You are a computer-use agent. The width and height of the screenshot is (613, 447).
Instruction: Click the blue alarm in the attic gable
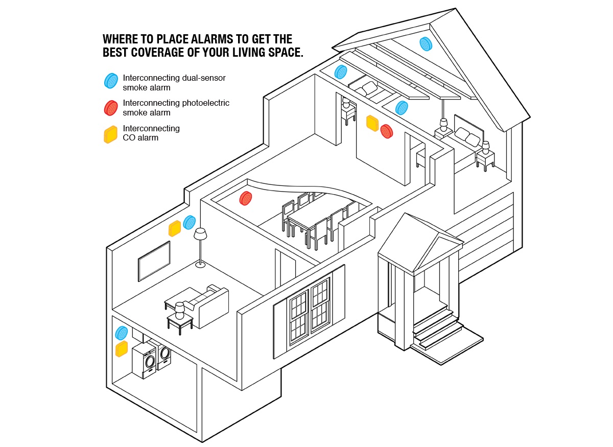click(426, 44)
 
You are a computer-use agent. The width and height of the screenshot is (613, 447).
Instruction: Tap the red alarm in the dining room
click(246, 198)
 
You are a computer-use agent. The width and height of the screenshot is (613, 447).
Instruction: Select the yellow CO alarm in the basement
click(121, 349)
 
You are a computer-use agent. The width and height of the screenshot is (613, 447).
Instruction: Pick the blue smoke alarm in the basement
click(121, 333)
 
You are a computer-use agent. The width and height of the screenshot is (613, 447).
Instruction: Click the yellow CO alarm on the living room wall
click(174, 228)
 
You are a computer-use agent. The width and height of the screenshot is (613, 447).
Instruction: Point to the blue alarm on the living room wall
click(189, 222)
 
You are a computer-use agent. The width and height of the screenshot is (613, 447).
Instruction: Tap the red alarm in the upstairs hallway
click(386, 131)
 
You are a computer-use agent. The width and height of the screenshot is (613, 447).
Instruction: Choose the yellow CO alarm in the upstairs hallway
click(372, 123)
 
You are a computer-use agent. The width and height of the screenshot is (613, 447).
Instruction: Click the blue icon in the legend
click(111, 81)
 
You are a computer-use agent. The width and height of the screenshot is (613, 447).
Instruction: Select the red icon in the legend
click(111, 108)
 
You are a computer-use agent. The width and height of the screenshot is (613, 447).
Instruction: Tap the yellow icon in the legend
click(110, 134)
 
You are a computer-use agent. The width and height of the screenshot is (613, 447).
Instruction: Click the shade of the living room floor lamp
click(200, 233)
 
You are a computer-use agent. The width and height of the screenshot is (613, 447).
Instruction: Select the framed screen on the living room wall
click(154, 261)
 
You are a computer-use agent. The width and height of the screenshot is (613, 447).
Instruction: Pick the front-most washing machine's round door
click(150, 362)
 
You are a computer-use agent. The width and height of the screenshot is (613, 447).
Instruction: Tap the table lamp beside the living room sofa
click(179, 311)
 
